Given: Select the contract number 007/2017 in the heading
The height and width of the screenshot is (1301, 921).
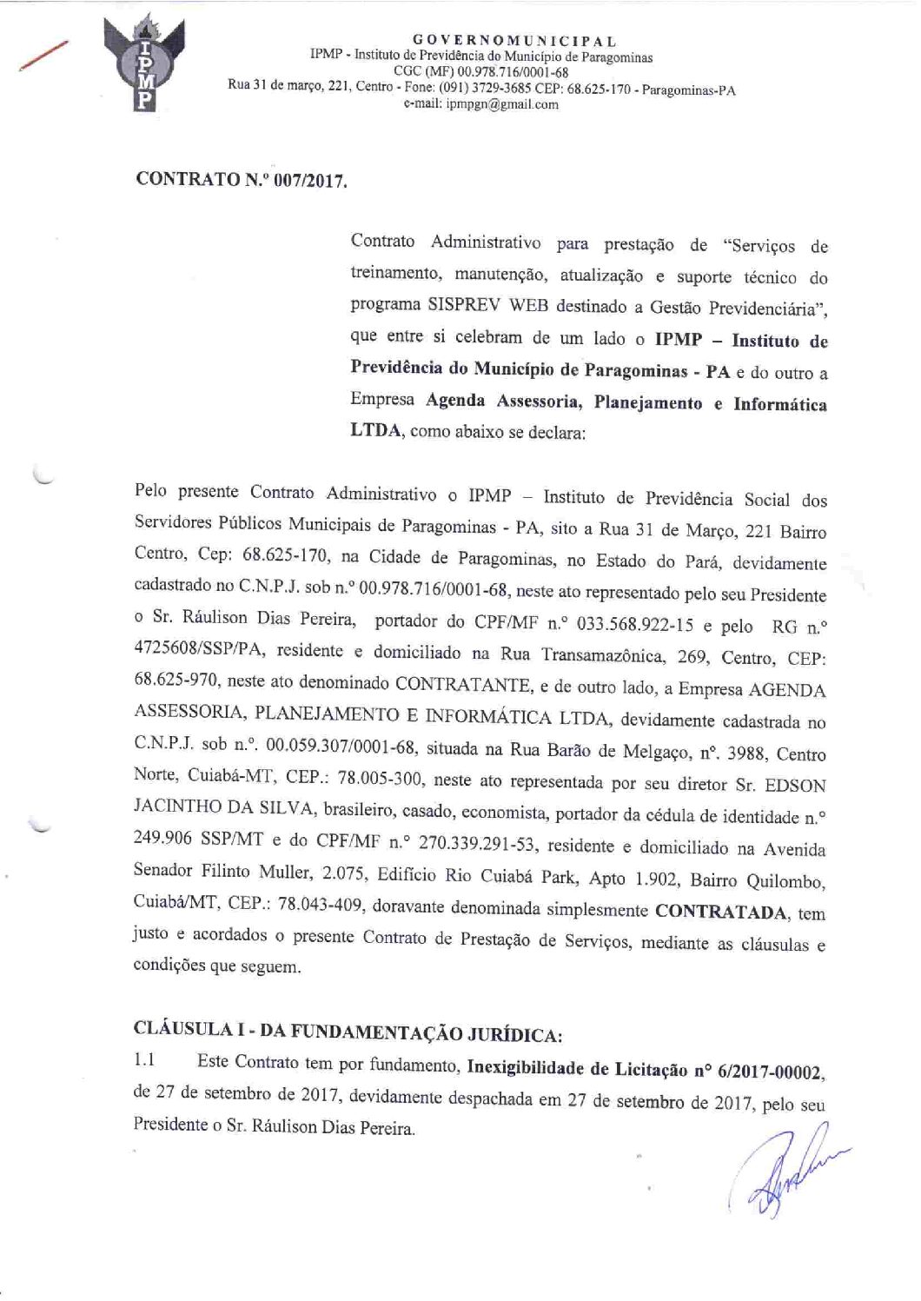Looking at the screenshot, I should pyautogui.click(x=303, y=182).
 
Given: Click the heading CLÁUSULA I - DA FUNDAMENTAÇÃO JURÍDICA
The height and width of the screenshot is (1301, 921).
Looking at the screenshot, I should pyautogui.click(x=348, y=1034).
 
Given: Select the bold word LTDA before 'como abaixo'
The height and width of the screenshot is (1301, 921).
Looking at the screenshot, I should pyautogui.click(x=376, y=432).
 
